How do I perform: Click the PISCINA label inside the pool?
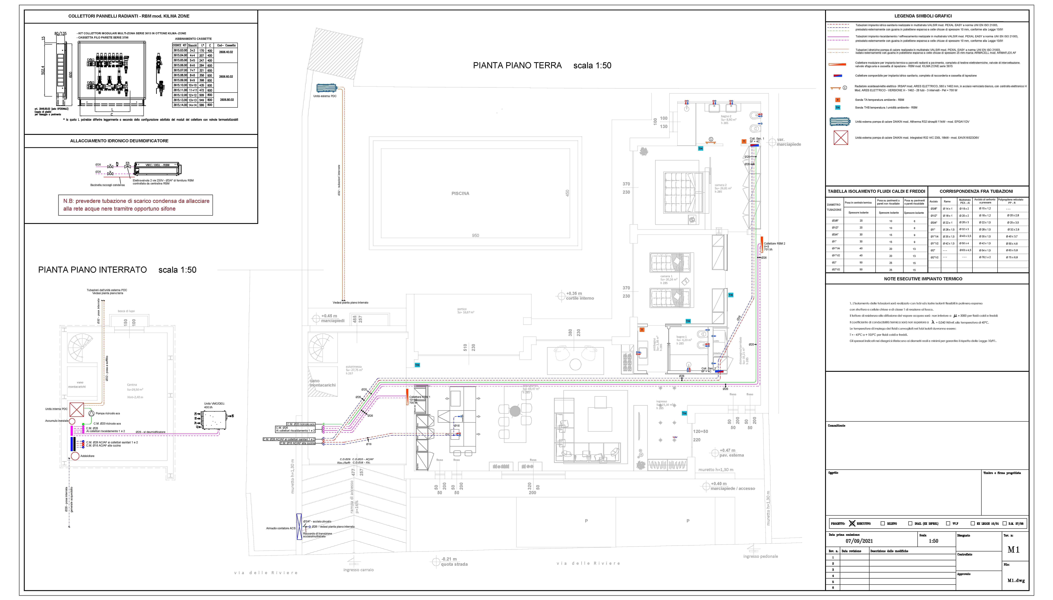tap(460, 193)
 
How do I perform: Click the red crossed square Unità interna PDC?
tap(77, 410)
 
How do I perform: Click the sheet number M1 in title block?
tap(1013, 550)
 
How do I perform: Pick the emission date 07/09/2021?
tap(859, 541)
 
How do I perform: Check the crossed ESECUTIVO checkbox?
tap(852, 523)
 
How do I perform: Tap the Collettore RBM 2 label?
tap(774, 243)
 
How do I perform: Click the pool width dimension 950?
tap(475, 236)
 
